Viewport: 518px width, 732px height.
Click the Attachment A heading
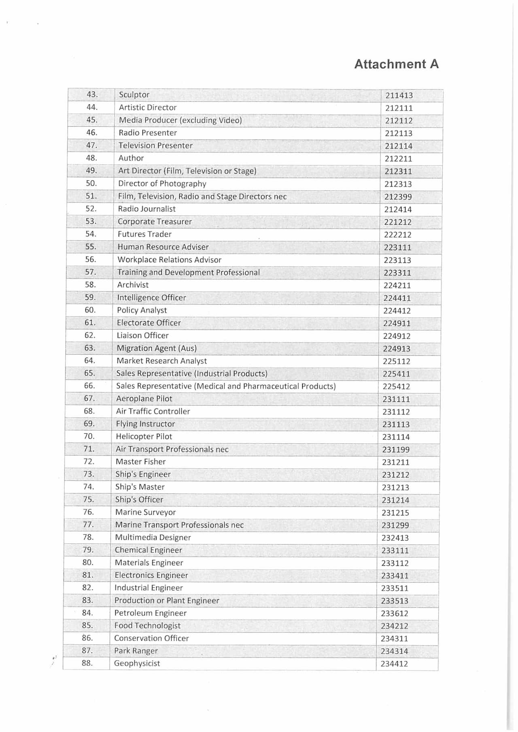pyautogui.click(x=396, y=64)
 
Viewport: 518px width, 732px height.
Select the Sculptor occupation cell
pyautogui.click(x=134, y=95)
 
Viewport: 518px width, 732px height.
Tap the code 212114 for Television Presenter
pyautogui.click(x=398, y=146)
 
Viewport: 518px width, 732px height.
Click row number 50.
pyautogui.click(x=91, y=183)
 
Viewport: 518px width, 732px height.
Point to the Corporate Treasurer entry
pyautogui.click(x=155, y=222)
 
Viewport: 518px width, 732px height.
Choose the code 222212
pyautogui.click(x=397, y=235)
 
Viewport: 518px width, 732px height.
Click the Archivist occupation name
pyautogui.click(x=133, y=285)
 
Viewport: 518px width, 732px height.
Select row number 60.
pyautogui.click(x=90, y=310)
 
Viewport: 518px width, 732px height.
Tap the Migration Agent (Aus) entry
pyautogui.click(x=156, y=348)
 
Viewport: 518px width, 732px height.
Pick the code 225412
pyautogui.click(x=396, y=386)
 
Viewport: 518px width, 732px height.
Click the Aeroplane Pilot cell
pyautogui.click(x=144, y=399)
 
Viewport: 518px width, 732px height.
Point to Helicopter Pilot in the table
pyautogui.click(x=144, y=437)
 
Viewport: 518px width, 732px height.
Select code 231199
pyautogui.click(x=395, y=450)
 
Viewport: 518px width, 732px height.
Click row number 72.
pyautogui.click(x=89, y=461)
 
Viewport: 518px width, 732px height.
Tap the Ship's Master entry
pyautogui.click(x=140, y=487)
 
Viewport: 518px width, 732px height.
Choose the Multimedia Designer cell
pyautogui.click(x=153, y=537)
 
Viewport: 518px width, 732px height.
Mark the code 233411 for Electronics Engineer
pyautogui.click(x=395, y=575)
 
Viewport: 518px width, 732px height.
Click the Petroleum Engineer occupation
pyautogui.click(x=150, y=613)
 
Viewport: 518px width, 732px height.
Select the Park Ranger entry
pyautogui.click(x=136, y=651)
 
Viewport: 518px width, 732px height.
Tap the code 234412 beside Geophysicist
pyautogui.click(x=394, y=664)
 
